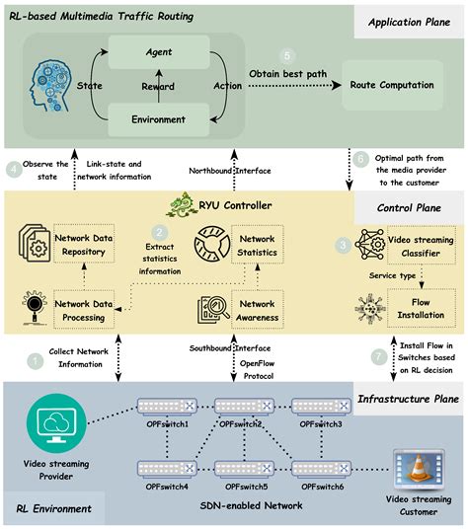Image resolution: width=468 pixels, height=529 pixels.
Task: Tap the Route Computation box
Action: [392, 86]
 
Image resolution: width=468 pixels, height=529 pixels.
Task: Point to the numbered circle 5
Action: [287, 56]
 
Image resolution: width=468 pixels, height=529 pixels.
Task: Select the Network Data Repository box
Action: [86, 243]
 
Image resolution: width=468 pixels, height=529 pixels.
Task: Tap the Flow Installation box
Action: [415, 308]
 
